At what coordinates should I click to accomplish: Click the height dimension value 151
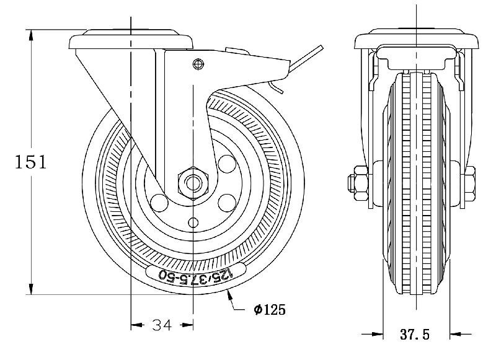tap(30, 162)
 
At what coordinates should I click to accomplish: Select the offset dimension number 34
tap(162, 324)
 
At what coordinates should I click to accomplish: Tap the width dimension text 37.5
tap(415, 335)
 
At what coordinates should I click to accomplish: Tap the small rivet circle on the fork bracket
tap(198, 63)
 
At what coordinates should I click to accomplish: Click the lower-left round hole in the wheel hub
tap(159, 203)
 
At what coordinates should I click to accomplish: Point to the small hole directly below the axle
tap(195, 222)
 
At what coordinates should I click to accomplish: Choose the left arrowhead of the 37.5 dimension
tap(379, 335)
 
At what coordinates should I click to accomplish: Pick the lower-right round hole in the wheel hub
tap(228, 201)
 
